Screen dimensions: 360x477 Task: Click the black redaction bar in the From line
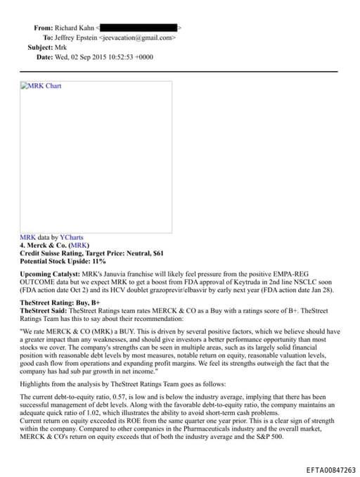pyautogui.click(x=143, y=27)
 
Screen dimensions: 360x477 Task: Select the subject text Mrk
pyautogui.click(x=61, y=47)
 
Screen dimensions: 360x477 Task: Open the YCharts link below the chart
pyautogui.click(x=71, y=238)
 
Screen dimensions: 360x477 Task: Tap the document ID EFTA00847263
pyautogui.click(x=330, y=470)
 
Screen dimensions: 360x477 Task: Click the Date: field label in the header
pyautogui.click(x=44, y=57)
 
